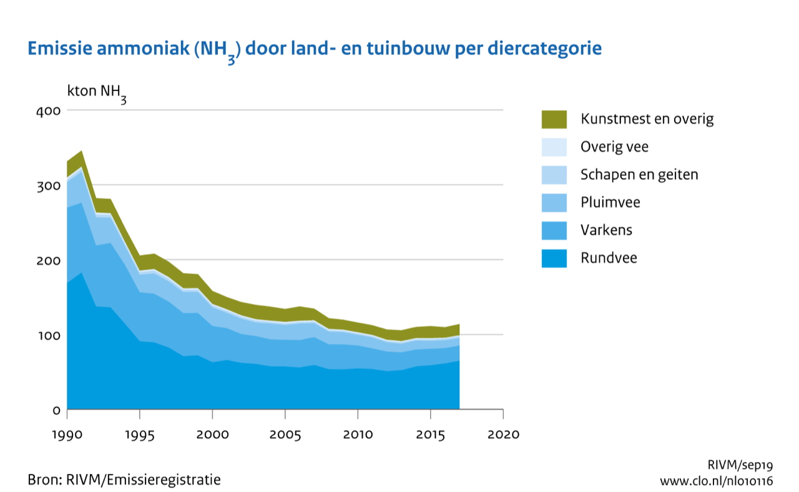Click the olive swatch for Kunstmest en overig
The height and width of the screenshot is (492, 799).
(x=554, y=119)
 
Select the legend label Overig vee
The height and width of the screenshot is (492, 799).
(x=614, y=147)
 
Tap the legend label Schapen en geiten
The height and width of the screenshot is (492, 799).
(x=639, y=175)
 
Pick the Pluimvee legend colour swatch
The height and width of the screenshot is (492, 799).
(x=554, y=202)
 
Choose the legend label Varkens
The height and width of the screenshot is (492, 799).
(x=606, y=230)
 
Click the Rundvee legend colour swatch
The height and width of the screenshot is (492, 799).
(x=554, y=258)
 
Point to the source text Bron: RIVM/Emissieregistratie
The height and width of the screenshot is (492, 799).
(x=124, y=480)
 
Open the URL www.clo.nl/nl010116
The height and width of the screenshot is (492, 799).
(x=717, y=481)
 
